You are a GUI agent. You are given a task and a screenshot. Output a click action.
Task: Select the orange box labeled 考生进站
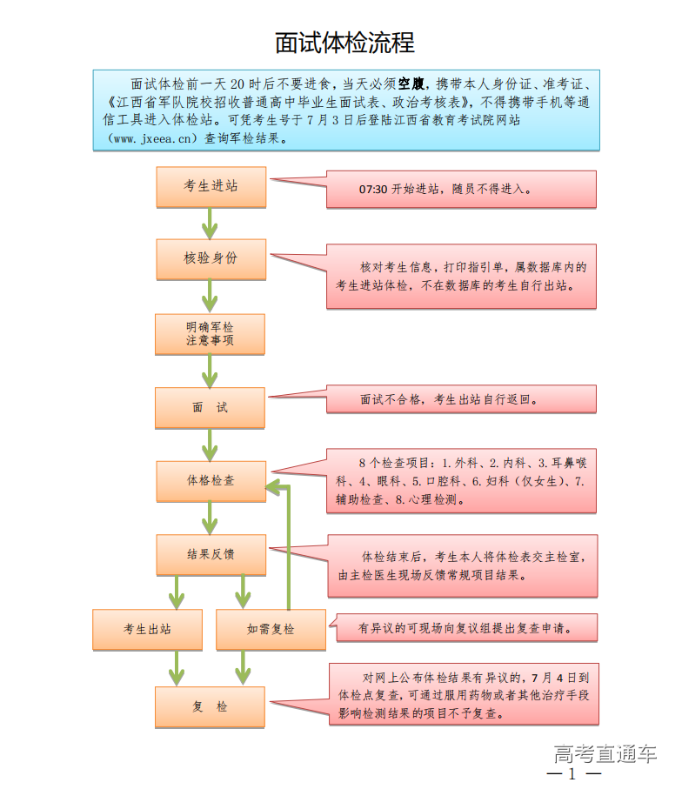point(210,187)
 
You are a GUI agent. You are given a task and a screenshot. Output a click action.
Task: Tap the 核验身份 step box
point(210,258)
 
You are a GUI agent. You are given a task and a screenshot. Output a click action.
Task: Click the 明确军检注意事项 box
point(210,333)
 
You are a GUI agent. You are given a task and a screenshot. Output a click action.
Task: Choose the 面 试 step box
point(210,407)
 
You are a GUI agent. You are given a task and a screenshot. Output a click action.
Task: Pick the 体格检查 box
point(210,480)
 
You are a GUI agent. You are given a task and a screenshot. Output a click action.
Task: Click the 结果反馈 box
point(210,554)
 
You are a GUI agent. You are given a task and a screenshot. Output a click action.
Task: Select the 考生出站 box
point(147,629)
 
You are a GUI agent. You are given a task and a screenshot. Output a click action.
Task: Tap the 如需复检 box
point(271,629)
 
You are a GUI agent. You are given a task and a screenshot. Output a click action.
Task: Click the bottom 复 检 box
point(210,706)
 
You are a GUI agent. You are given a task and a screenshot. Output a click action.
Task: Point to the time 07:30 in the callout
point(372,190)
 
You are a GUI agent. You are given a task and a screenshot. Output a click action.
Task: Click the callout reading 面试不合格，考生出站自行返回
point(461,400)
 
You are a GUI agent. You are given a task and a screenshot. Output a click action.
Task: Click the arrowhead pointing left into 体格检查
point(272,486)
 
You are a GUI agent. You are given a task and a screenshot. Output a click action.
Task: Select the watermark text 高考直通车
point(605,754)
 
